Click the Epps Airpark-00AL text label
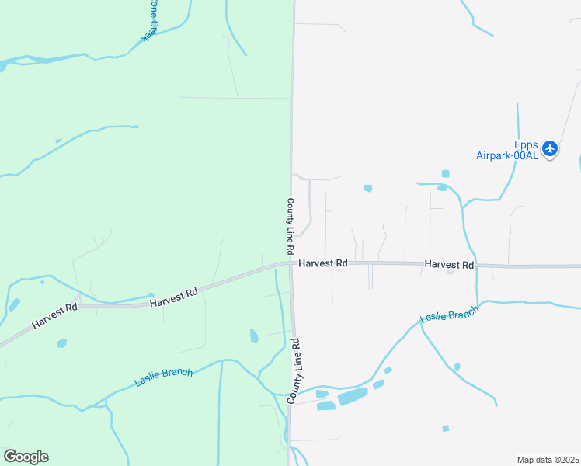[506, 150]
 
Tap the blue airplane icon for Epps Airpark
[550, 148]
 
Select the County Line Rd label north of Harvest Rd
[290, 227]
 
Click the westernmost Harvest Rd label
[55, 315]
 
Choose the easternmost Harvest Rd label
[449, 265]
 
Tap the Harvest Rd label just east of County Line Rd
[322, 264]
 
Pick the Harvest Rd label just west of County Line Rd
[175, 296]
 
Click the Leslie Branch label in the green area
[163, 377]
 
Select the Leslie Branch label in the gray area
[449, 313]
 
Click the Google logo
[26, 457]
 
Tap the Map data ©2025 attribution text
[548, 460]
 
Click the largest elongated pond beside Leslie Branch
[353, 396]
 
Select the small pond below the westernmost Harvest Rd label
[61, 343]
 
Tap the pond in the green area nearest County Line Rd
[254, 336]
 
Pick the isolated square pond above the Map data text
[445, 428]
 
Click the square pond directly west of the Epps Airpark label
[445, 173]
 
